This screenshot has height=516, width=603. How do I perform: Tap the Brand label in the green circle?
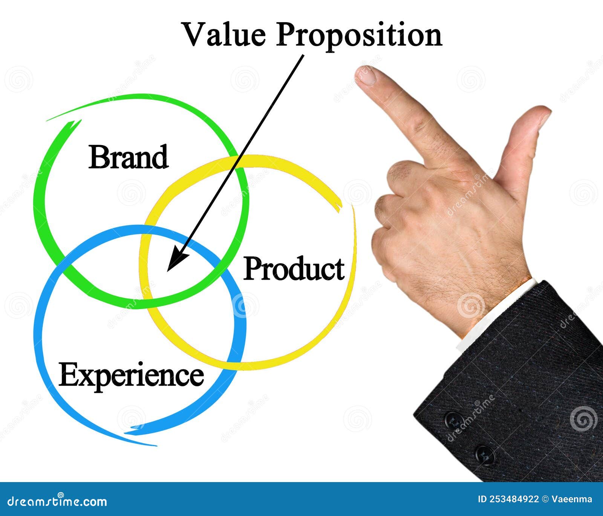(x=128, y=157)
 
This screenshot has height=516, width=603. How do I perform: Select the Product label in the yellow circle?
(x=294, y=269)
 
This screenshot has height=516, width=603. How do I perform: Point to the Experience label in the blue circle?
(x=131, y=375)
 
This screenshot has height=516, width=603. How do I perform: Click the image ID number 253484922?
(x=514, y=499)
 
